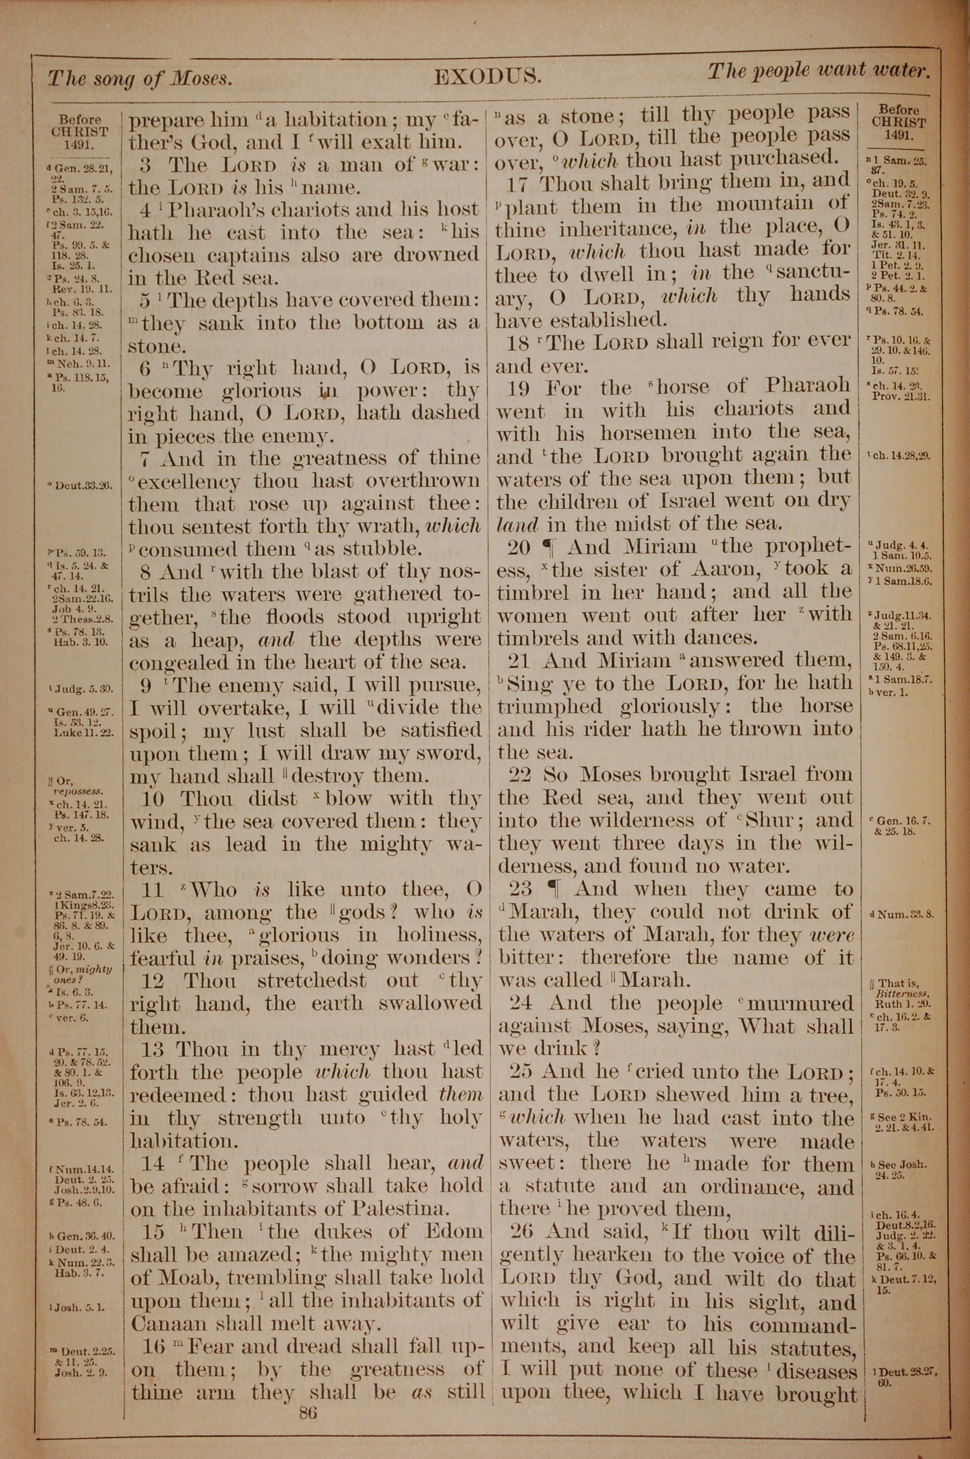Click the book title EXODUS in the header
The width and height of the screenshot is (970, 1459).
pyautogui.click(x=487, y=77)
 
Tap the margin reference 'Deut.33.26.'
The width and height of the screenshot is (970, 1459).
pyautogui.click(x=83, y=486)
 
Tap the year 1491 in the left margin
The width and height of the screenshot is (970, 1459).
pyautogui.click(x=79, y=146)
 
